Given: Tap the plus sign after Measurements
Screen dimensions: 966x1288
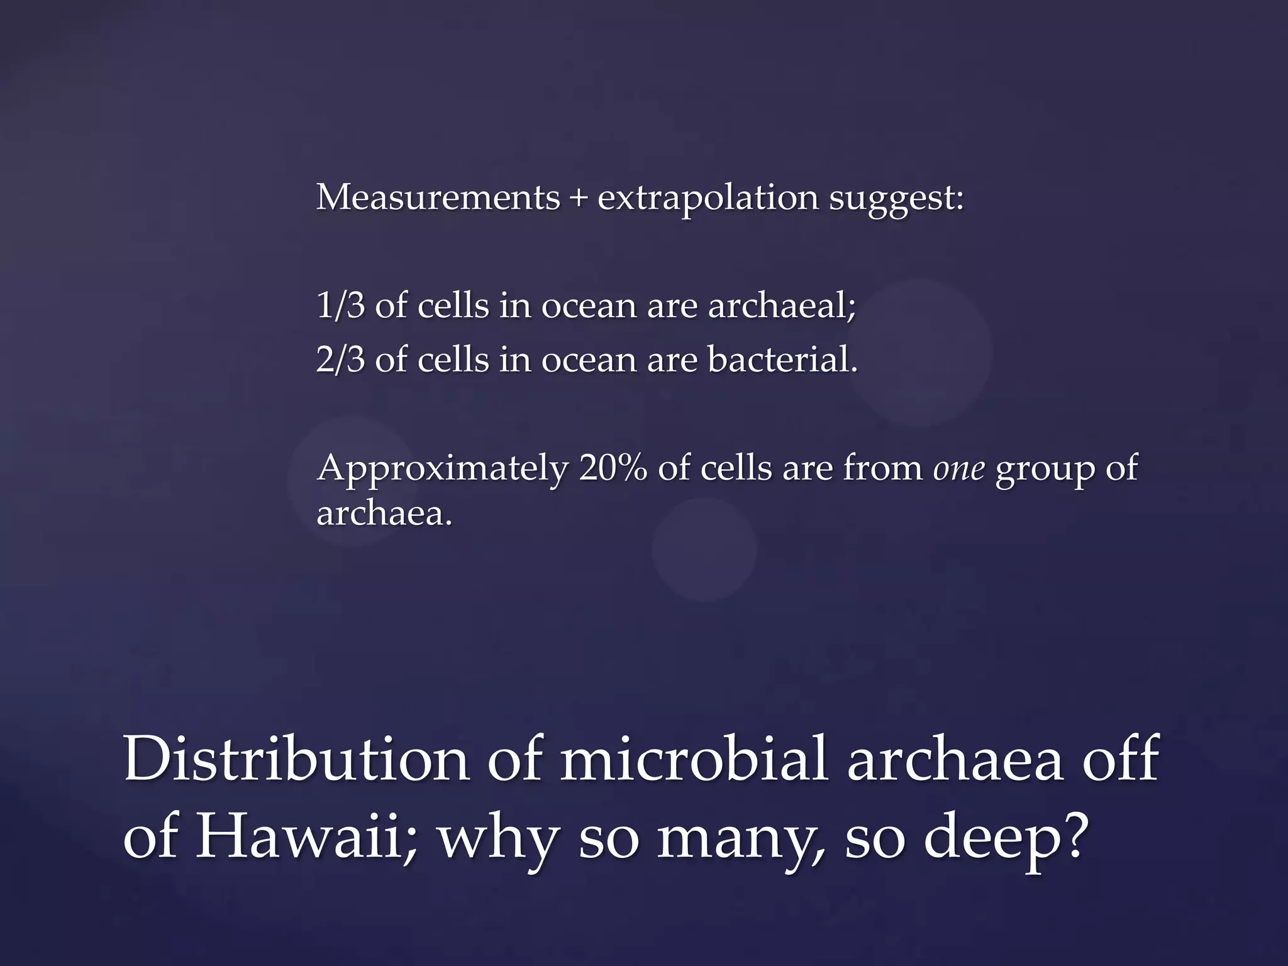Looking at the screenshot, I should click(578, 199).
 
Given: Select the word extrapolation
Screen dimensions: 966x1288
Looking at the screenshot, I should click(708, 199).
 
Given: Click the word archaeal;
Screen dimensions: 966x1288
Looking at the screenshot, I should click(782, 306).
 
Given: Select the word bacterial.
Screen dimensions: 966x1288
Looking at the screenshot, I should click(782, 360).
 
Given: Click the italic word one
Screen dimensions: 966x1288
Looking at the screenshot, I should click(958, 469).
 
